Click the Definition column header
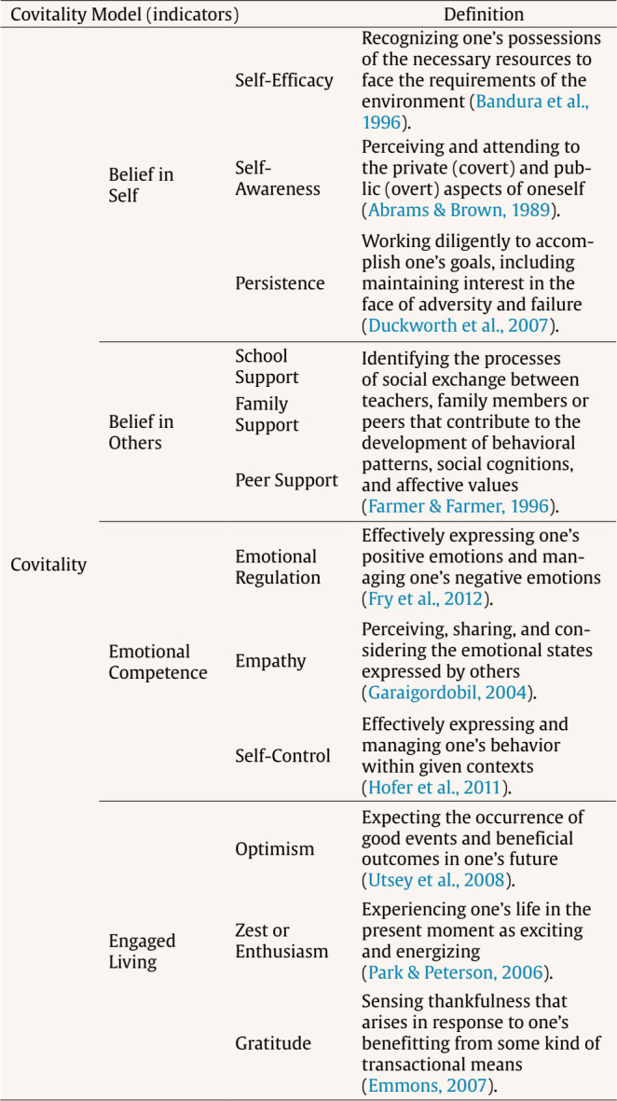point(483,14)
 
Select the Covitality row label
point(48,564)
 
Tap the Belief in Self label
point(141,186)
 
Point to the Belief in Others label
point(142,431)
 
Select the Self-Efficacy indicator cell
point(283,80)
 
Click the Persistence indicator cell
point(280,283)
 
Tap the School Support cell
point(267,366)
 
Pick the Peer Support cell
point(285,481)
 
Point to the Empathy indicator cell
point(270,661)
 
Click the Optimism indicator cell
point(274,849)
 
